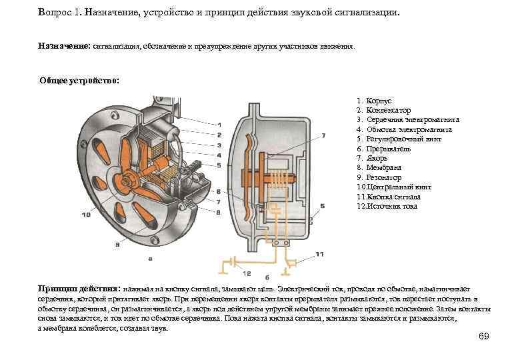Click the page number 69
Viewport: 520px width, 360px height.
point(484,336)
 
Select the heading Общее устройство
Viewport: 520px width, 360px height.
point(79,81)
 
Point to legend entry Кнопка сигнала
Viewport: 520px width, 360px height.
point(393,197)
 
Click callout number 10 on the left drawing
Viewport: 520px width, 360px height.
point(87,215)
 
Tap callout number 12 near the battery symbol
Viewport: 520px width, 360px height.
point(247,274)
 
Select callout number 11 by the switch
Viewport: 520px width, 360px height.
point(320,254)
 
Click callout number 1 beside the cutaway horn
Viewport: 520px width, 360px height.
point(219,124)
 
